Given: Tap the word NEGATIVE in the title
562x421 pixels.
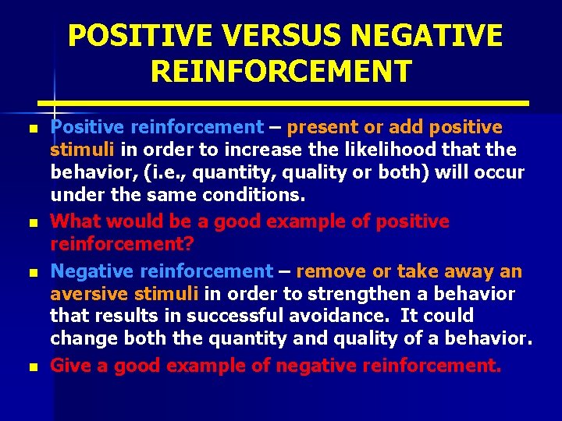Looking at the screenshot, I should (x=427, y=36).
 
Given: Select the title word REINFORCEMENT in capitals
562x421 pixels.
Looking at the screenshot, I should (x=281, y=72).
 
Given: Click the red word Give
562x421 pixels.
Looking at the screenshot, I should (x=71, y=366).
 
